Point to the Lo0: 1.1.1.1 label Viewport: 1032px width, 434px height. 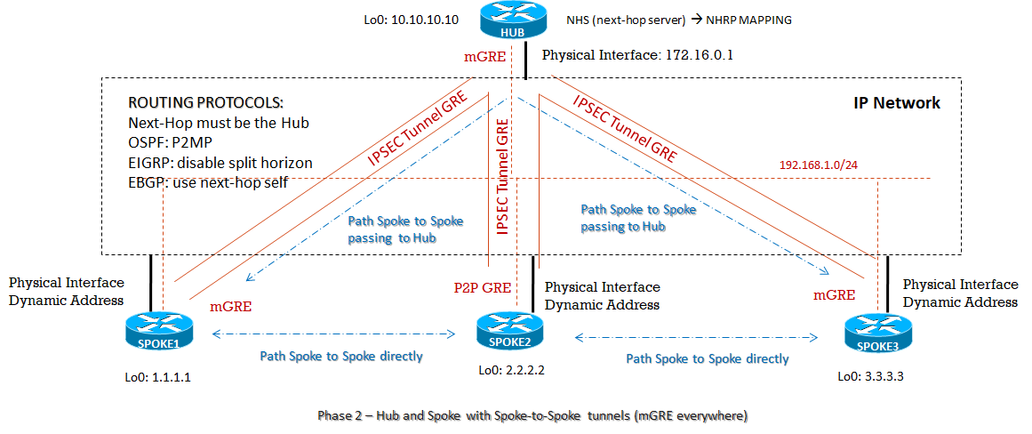click(157, 376)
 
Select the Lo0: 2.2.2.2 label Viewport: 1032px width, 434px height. click(510, 370)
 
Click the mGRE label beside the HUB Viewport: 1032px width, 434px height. click(485, 57)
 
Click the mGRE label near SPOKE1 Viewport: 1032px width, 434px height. click(231, 307)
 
